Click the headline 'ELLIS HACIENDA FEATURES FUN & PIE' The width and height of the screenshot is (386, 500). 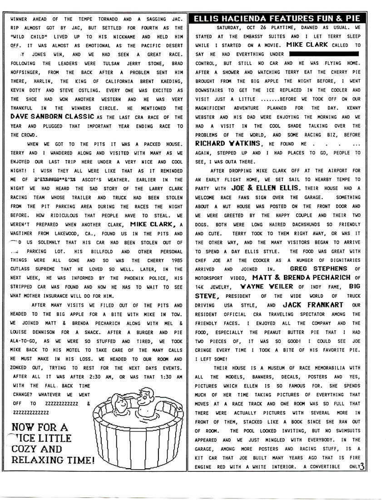click(x=277, y=19)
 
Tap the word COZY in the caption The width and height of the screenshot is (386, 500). click(x=24, y=449)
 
